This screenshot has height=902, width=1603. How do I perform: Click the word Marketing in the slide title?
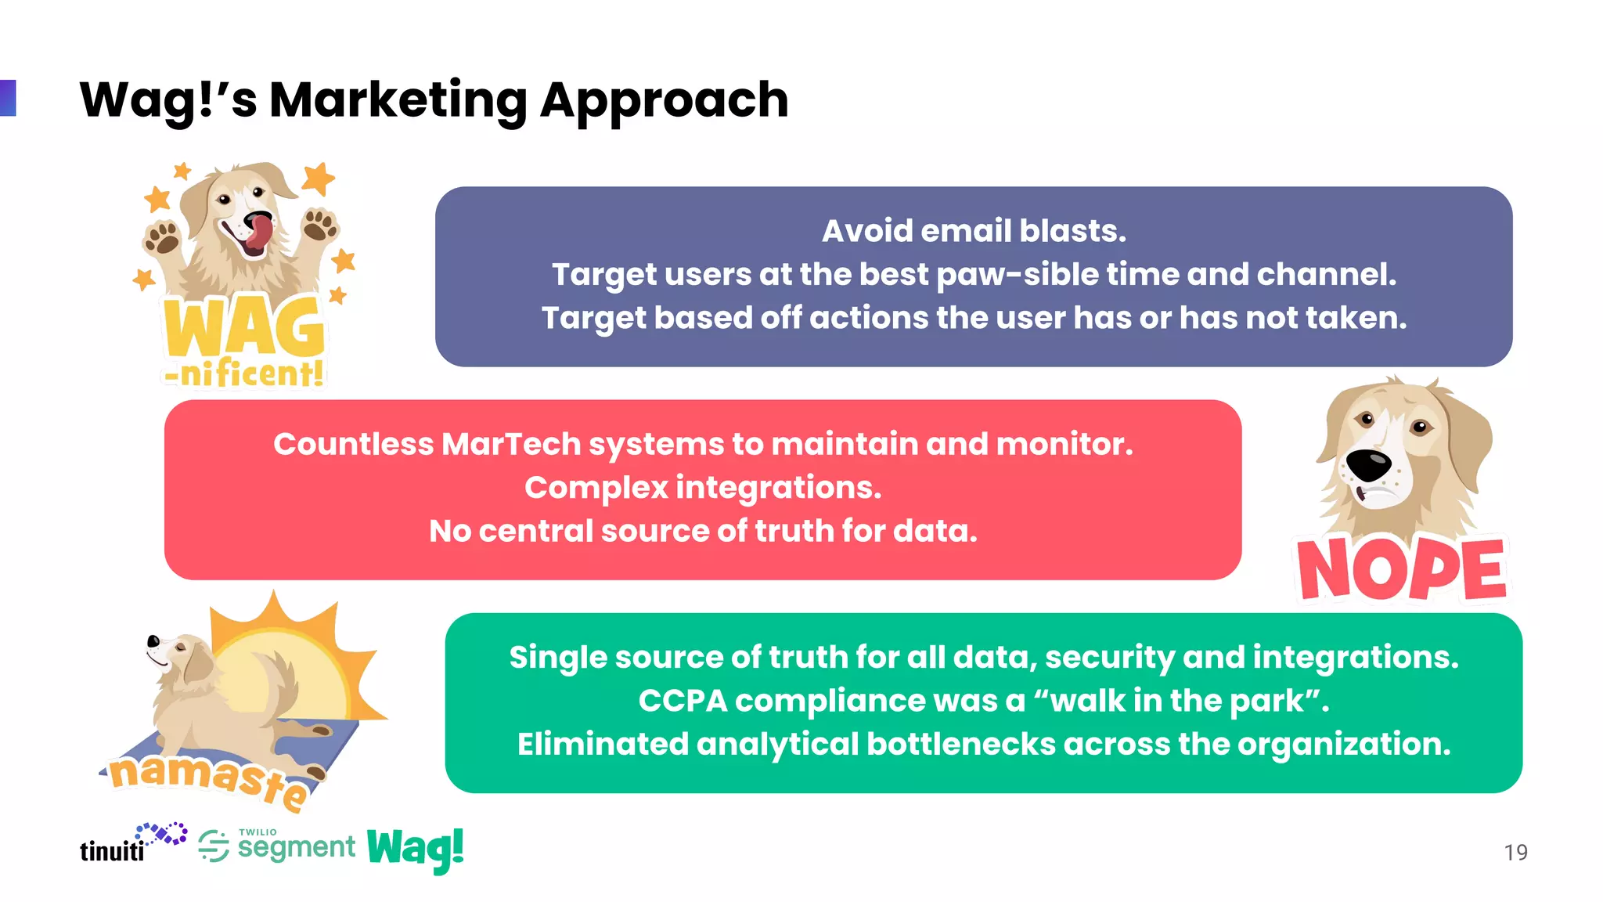tap(398, 100)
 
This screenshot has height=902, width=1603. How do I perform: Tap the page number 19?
tap(1515, 852)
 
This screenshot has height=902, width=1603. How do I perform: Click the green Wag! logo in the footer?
tap(415, 849)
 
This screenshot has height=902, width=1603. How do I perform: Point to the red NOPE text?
tap(1401, 569)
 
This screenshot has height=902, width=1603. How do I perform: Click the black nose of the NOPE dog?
tap(1369, 465)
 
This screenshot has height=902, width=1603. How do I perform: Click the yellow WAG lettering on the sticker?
tap(244, 329)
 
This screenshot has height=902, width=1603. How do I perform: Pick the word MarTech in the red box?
tap(510, 444)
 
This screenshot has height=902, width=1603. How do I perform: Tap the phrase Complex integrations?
tap(703, 488)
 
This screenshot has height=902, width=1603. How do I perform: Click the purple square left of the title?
tap(7, 98)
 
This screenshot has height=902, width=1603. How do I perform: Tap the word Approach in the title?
tap(664, 100)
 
